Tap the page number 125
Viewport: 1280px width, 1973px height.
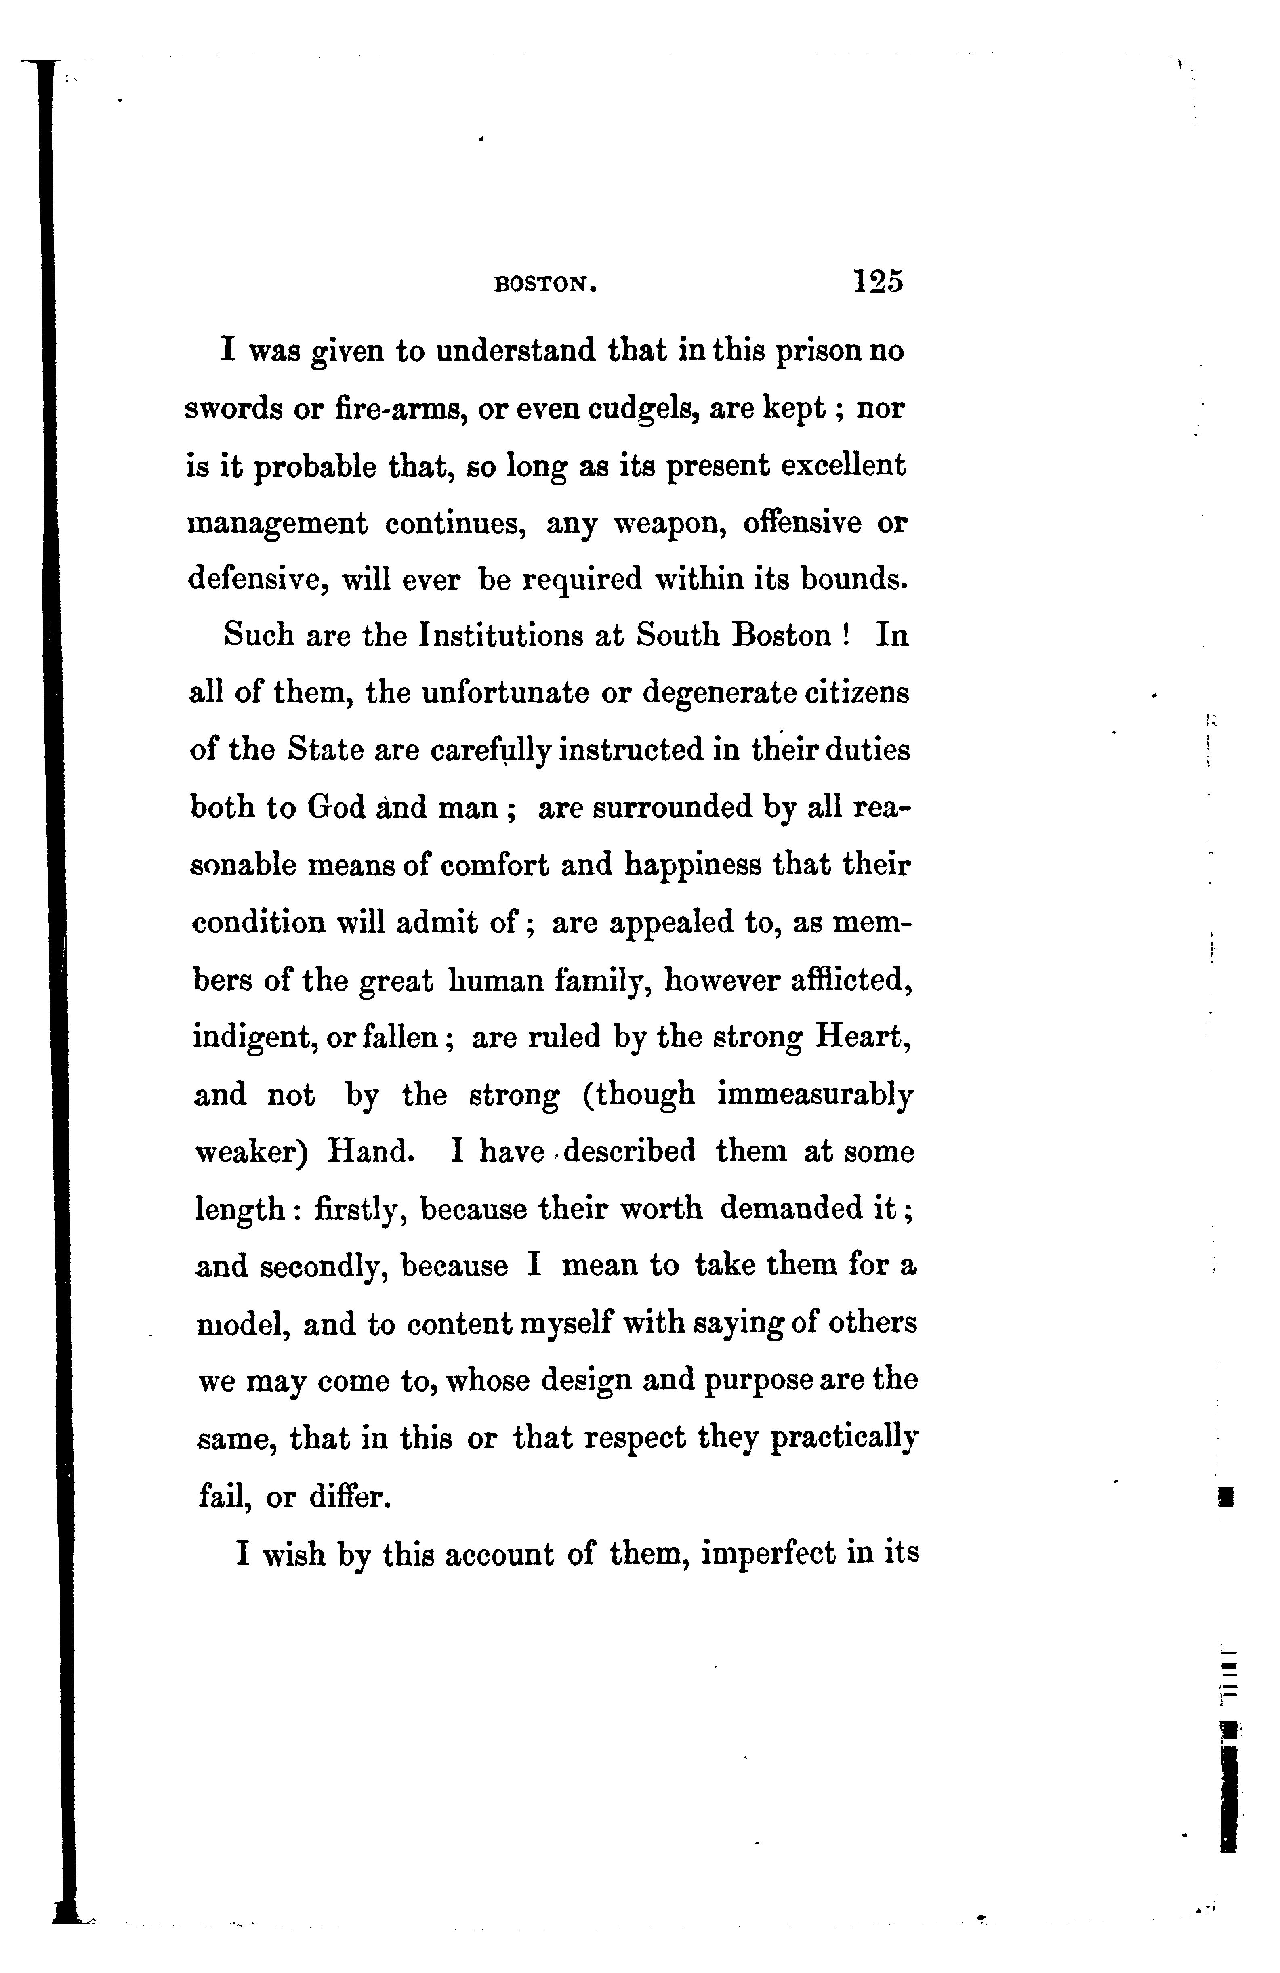(x=877, y=282)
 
